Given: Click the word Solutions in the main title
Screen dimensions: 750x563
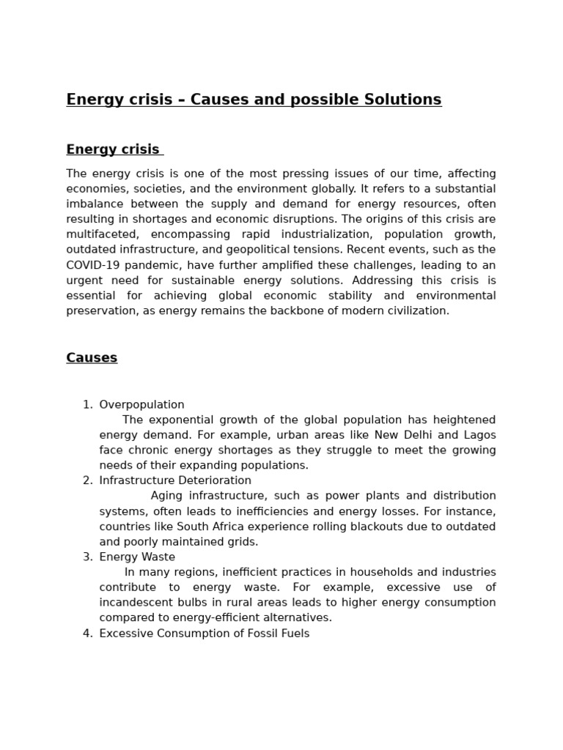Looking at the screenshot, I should (x=399, y=100).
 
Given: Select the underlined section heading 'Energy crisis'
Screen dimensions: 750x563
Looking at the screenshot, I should (x=113, y=149).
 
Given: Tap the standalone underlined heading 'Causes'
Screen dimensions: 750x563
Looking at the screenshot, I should (x=92, y=357).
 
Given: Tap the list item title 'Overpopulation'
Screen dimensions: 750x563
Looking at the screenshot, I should (x=141, y=404).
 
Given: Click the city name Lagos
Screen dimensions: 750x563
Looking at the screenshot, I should (x=479, y=435).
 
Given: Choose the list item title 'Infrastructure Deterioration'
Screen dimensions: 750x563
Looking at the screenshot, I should (x=175, y=480).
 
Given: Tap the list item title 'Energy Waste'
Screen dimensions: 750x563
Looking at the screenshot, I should (x=137, y=557).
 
